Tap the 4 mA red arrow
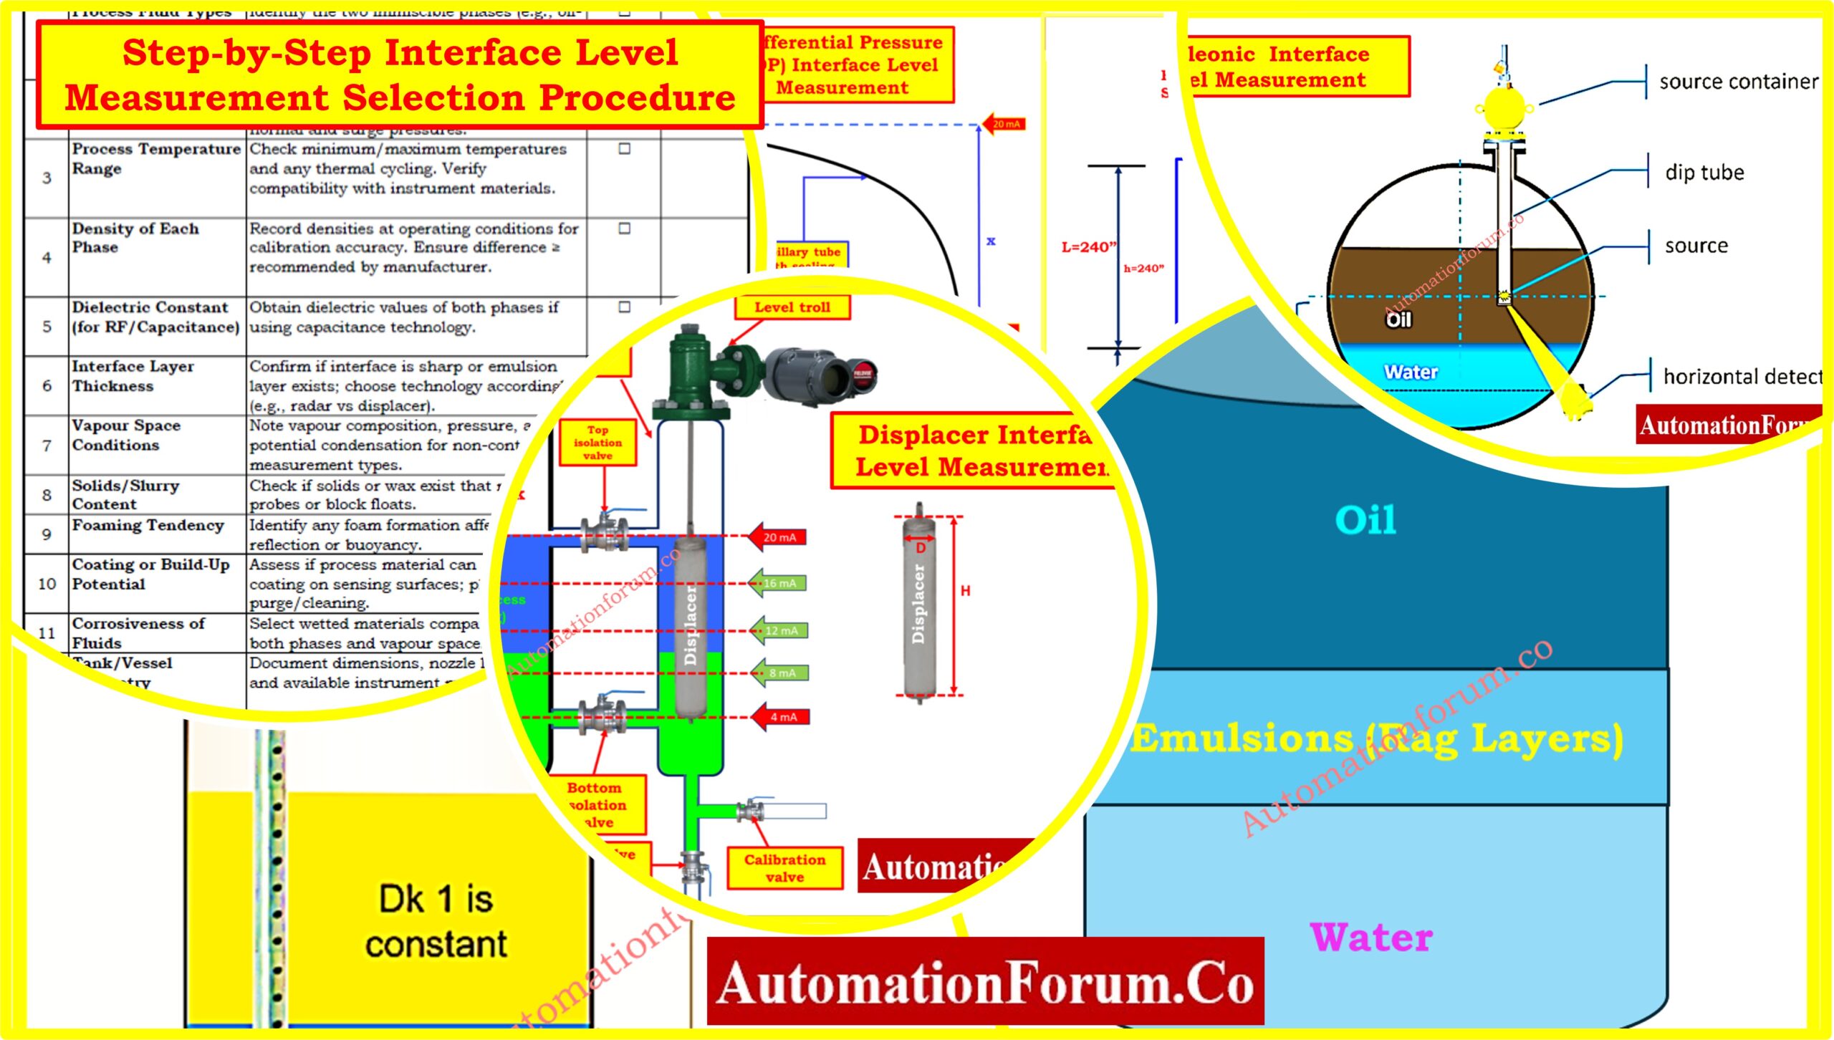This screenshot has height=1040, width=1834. (781, 717)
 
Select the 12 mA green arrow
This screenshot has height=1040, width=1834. (779, 631)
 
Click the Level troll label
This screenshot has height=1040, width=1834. (792, 307)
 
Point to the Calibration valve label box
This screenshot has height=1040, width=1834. (784, 868)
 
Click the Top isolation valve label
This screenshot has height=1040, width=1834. (597, 443)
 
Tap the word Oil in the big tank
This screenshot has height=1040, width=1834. (1365, 520)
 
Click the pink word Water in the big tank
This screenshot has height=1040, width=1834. (1370, 938)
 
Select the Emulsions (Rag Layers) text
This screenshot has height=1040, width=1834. (1375, 739)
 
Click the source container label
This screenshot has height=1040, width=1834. (1738, 82)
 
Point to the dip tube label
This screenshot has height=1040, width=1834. (1704, 173)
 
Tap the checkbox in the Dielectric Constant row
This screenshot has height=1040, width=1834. (625, 307)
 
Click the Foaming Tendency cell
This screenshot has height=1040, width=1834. (148, 526)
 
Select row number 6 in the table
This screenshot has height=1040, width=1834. (47, 386)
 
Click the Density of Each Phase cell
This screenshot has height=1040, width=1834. (135, 238)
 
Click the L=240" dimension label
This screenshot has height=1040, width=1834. (1088, 247)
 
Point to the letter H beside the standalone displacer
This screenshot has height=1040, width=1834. (965, 591)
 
